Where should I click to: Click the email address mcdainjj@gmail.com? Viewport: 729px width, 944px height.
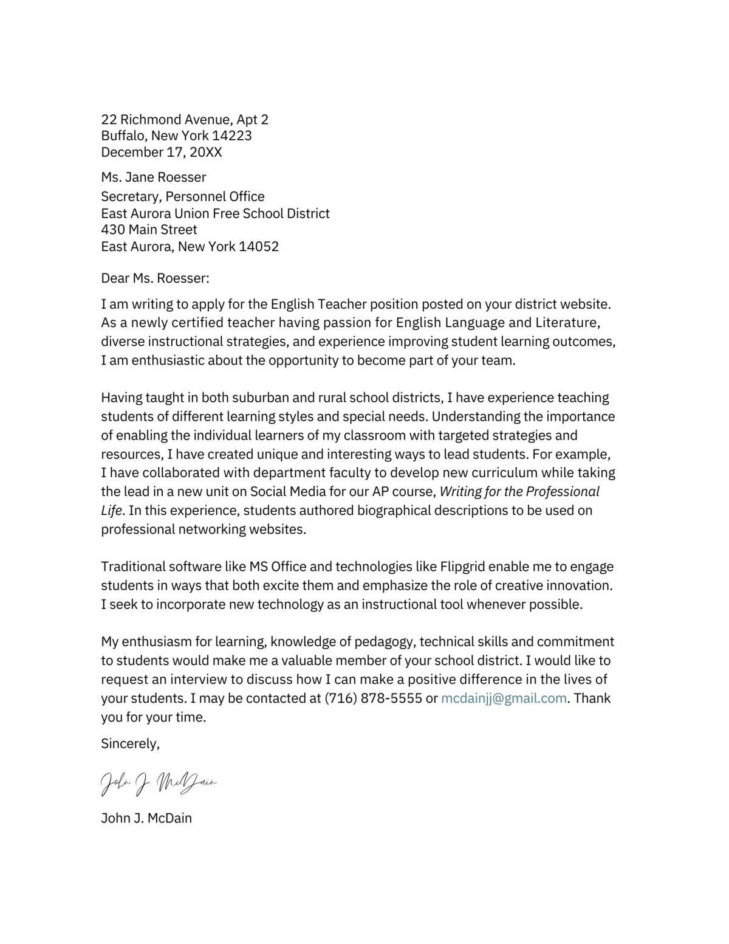[503, 698]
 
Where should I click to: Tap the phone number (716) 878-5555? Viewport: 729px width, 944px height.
[373, 698]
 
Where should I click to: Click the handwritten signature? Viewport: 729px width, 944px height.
[158, 784]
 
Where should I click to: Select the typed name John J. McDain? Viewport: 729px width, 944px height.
[146, 818]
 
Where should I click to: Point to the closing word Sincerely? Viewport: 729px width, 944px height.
[130, 743]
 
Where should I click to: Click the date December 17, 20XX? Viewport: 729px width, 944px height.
[162, 152]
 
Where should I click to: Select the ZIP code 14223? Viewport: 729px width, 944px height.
[231, 136]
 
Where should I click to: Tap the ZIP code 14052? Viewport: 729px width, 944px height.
[258, 246]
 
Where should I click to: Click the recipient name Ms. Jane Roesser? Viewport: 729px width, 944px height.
[154, 177]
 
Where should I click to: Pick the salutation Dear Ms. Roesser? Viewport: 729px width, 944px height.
[155, 278]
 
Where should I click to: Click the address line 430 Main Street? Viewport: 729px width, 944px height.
[149, 229]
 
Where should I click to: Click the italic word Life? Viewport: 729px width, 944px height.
[112, 510]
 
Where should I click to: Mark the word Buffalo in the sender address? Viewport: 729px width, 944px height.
[123, 136]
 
